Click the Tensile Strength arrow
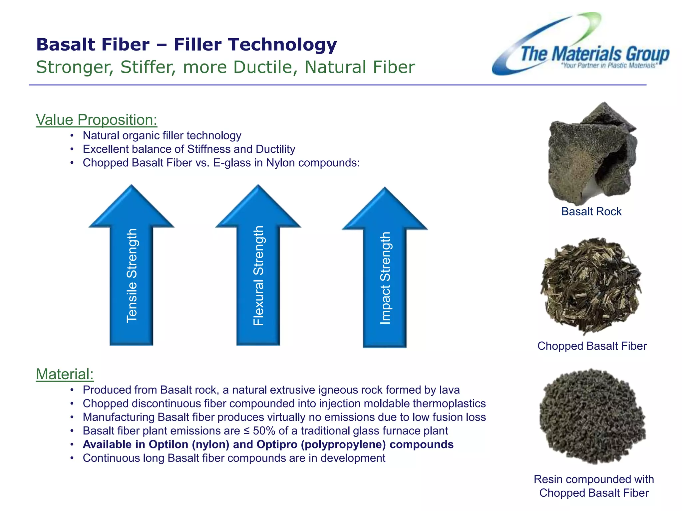point(132,266)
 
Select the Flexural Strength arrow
point(258,266)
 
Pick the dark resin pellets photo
point(592,416)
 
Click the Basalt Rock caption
point(591,212)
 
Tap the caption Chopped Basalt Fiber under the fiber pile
point(592,346)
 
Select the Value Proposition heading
point(96,120)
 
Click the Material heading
point(65,374)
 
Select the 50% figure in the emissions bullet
point(264,431)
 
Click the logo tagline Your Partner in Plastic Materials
point(609,66)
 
